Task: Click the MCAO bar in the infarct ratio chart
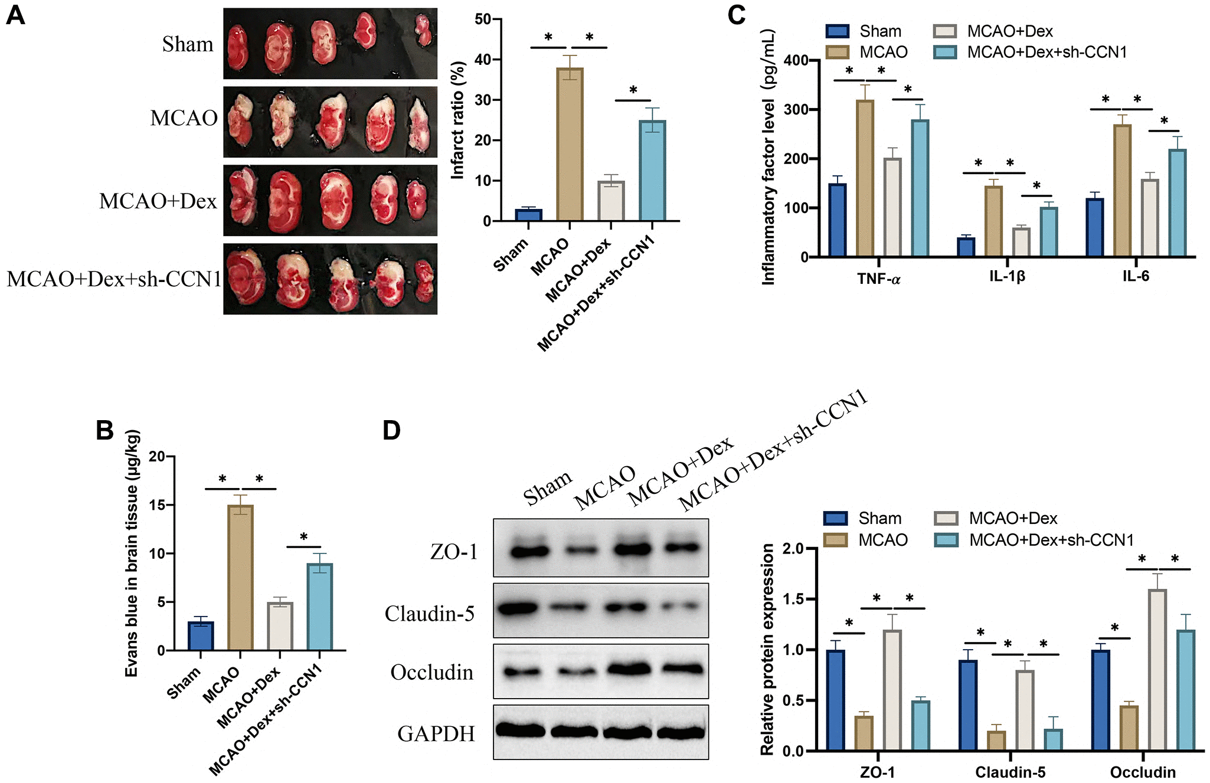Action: click(570, 145)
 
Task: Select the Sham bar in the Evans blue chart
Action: click(201, 635)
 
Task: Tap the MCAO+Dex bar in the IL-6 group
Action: click(1149, 218)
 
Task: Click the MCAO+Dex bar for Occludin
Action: click(1157, 670)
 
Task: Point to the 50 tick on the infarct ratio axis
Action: click(483, 19)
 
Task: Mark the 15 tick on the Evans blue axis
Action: click(157, 505)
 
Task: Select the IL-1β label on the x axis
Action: click(1007, 276)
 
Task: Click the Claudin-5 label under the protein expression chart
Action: click(1010, 772)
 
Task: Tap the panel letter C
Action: click(737, 15)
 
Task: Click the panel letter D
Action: click(391, 430)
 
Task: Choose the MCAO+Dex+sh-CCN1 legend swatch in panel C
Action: click(945, 53)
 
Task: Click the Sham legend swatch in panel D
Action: click(835, 518)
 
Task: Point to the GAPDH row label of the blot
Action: click(436, 733)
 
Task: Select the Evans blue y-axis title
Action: click(132, 553)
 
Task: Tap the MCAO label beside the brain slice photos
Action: click(184, 118)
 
